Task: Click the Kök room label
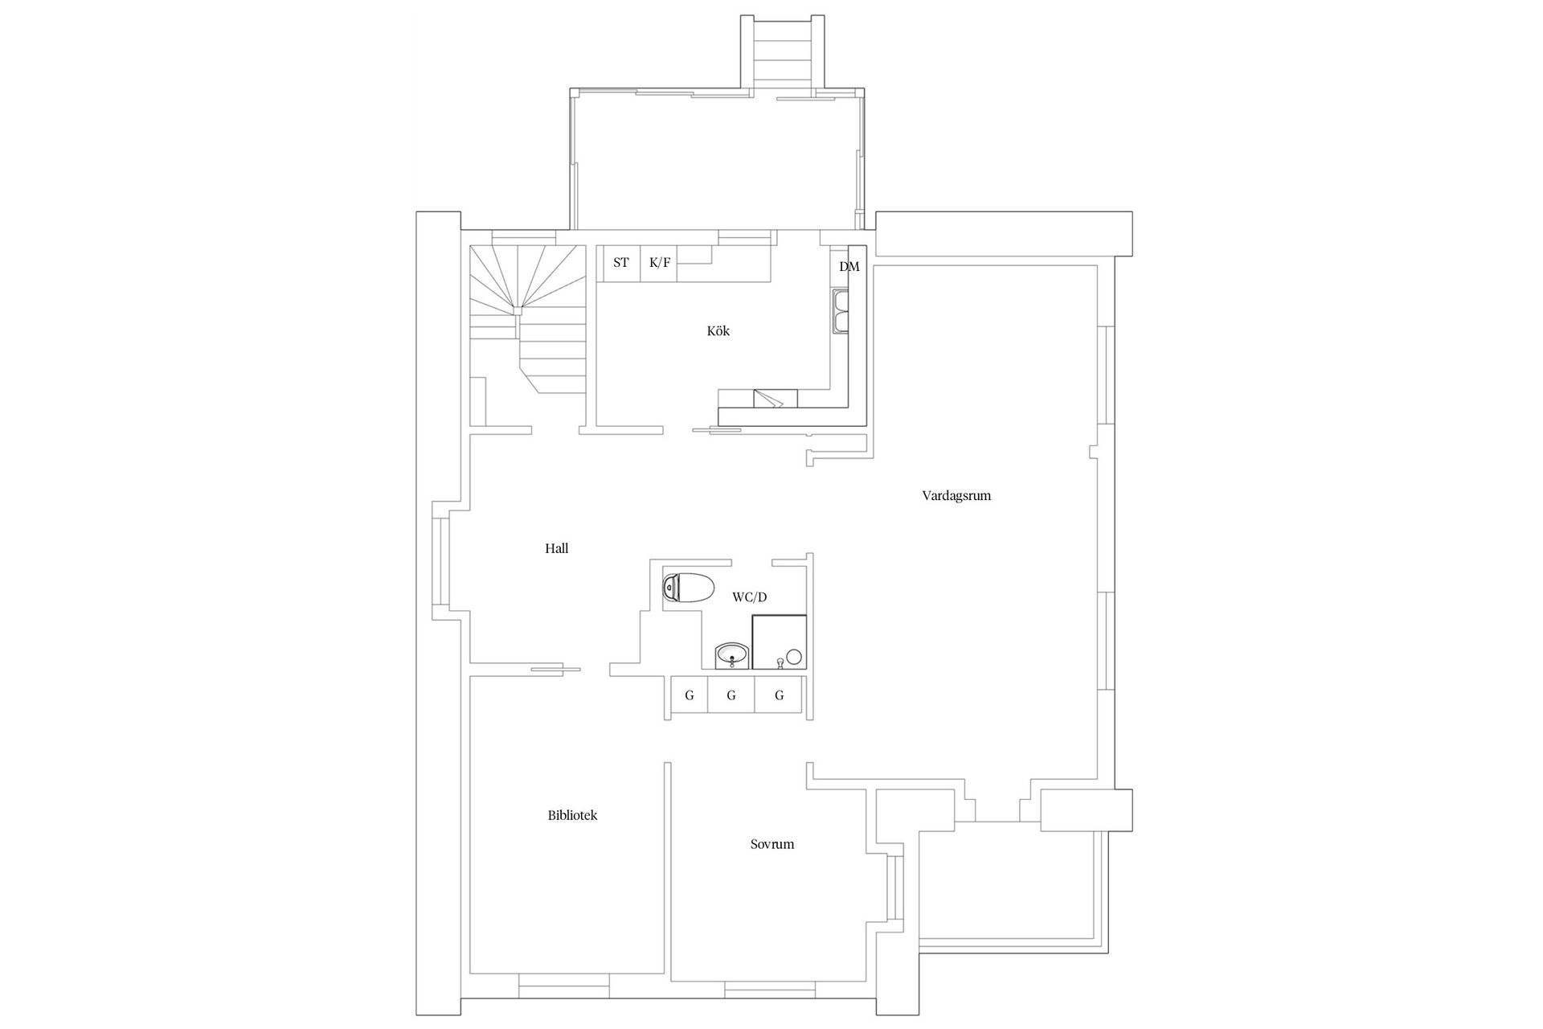pos(718,331)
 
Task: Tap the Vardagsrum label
pos(956,496)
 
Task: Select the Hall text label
pos(556,549)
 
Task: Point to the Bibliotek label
pos(572,815)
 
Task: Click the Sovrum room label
pos(771,844)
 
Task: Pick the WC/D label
pos(749,597)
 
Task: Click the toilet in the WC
pos(689,588)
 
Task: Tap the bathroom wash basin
pos(731,656)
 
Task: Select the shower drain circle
pos(794,656)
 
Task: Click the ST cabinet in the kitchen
pos(620,263)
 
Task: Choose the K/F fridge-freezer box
pos(659,263)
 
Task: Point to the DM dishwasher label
pos(849,267)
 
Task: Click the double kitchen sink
pos(841,312)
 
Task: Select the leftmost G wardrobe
pos(689,695)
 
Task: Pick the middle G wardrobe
pos(731,695)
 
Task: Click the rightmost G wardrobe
pos(779,695)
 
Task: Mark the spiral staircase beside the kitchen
pos(527,318)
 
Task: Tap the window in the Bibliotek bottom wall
pos(563,985)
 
